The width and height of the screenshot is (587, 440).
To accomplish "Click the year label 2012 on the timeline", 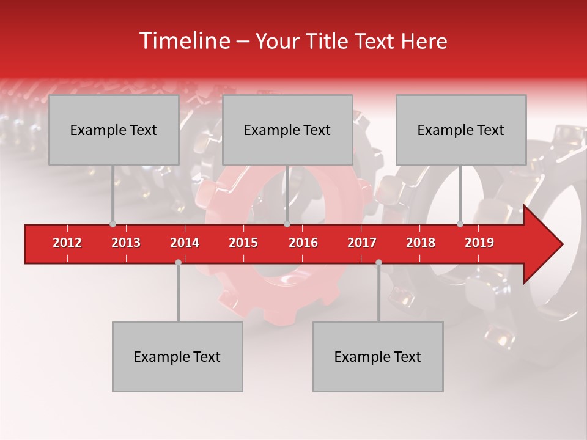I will [67, 243].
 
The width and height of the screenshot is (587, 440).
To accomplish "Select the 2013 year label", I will [126, 243].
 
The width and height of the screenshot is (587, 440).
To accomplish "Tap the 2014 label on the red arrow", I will [185, 243].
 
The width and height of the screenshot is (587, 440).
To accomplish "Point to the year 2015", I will [243, 243].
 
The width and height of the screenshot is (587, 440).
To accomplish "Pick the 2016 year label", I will [303, 243].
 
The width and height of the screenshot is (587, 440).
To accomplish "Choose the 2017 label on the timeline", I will [362, 243].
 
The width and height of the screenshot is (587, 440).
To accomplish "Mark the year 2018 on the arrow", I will [421, 243].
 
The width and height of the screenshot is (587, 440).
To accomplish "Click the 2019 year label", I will [479, 243].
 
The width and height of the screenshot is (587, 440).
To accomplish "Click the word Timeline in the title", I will [183, 41].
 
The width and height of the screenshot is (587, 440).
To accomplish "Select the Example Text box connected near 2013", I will [114, 130].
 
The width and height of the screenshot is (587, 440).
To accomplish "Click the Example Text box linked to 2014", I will [177, 356].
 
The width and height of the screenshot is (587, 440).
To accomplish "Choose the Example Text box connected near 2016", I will [287, 130].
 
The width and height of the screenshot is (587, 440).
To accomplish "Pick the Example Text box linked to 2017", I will [378, 356].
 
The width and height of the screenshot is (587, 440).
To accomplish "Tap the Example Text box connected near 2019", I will [461, 130].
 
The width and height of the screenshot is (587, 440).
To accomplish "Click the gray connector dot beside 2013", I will [113, 224].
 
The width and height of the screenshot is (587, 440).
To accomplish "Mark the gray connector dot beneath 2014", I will [178, 262].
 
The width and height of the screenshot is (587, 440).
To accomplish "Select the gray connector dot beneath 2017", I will [378, 262].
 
